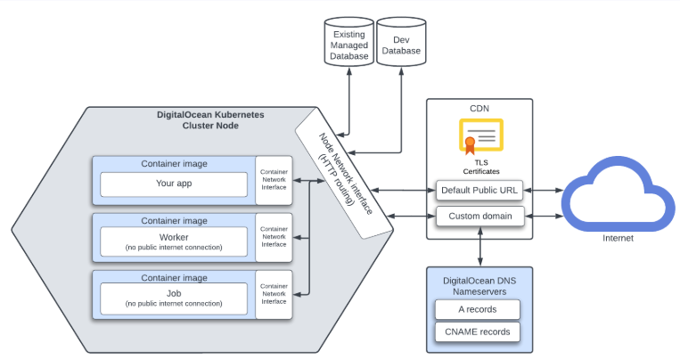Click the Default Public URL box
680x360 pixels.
point(480,190)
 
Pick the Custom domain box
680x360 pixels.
point(480,215)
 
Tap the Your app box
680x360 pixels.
point(174,184)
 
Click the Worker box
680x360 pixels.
point(174,241)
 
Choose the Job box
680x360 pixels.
point(174,297)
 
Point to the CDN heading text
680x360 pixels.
point(479,109)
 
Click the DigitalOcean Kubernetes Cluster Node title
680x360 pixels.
point(210,120)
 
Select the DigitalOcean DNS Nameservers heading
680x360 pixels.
point(480,285)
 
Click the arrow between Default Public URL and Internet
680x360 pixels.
point(543,190)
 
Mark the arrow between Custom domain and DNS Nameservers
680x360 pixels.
point(480,245)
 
